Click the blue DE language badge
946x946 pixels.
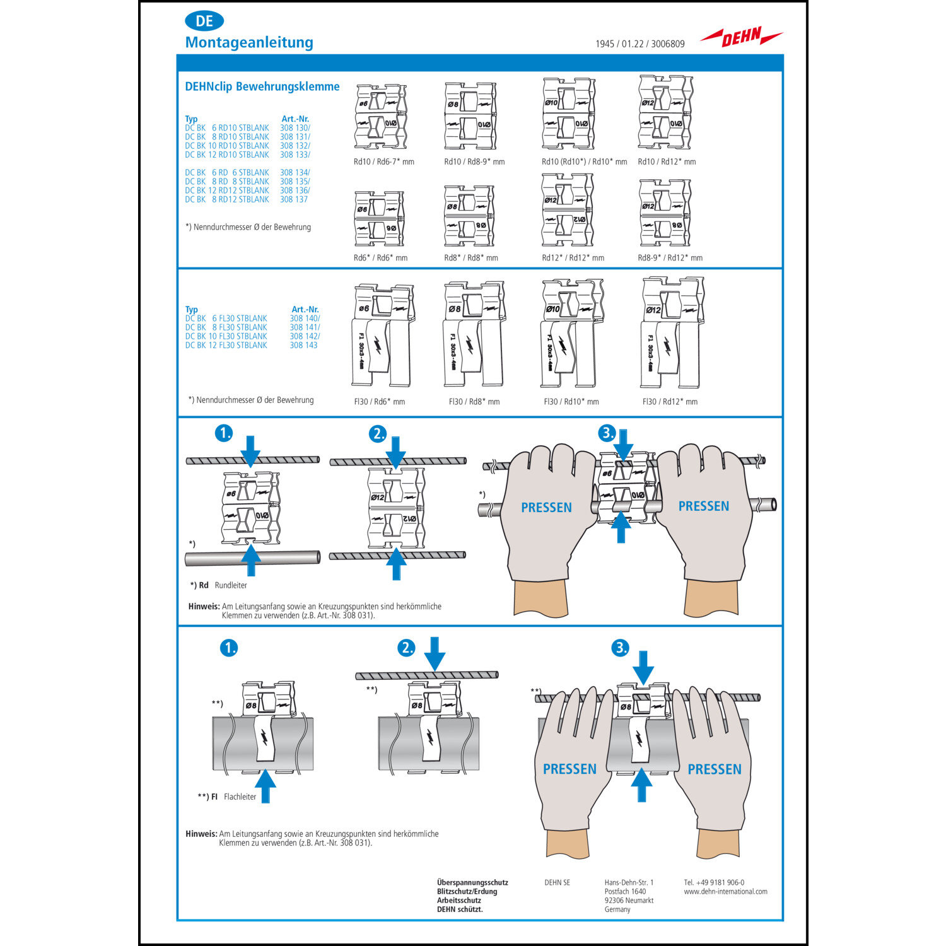coord(204,21)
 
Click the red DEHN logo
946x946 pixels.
coord(742,37)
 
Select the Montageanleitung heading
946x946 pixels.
coord(249,42)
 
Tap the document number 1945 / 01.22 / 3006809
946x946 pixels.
coord(640,44)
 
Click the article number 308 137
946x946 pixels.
coord(294,199)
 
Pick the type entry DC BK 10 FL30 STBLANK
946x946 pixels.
coord(226,336)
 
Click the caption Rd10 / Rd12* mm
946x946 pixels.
coord(667,161)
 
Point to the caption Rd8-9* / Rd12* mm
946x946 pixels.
coord(670,257)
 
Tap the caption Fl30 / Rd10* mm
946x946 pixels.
coord(571,402)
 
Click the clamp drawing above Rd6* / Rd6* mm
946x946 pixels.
coord(379,219)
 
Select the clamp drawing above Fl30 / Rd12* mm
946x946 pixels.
coord(672,332)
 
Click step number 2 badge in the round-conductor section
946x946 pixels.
coord(378,434)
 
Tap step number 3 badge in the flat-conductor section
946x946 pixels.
coord(621,648)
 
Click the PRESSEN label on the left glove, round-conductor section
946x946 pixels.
coord(546,508)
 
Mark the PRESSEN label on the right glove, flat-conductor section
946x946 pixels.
coord(715,769)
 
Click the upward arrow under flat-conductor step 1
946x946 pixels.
coord(266,786)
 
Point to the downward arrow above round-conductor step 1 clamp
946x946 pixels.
coord(250,451)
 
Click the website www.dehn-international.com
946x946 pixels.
coord(726,892)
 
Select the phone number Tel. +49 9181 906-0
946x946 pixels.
coord(714,883)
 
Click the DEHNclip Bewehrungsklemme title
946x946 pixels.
coord(262,86)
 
